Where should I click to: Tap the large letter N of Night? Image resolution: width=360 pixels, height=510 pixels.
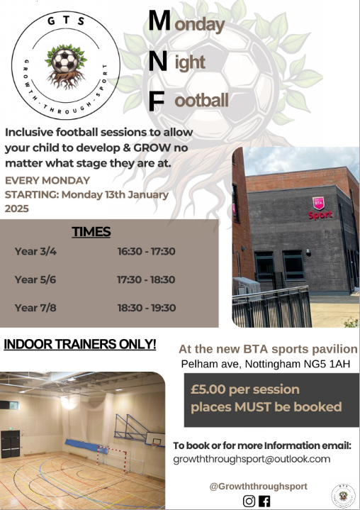point(159,62)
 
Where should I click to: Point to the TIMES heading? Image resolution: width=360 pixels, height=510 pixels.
point(91,232)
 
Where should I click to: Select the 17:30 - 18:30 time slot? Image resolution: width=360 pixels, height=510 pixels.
point(147,279)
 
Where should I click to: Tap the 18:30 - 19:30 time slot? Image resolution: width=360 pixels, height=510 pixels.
point(147,308)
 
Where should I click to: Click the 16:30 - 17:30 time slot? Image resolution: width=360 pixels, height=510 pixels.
point(147,251)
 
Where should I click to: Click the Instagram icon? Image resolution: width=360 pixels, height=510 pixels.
point(249,501)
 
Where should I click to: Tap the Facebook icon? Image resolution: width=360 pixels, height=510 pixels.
point(265,501)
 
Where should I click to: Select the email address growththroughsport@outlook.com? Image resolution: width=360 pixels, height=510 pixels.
point(252,459)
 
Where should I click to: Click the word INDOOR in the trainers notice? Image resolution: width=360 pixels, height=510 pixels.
point(33,345)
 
